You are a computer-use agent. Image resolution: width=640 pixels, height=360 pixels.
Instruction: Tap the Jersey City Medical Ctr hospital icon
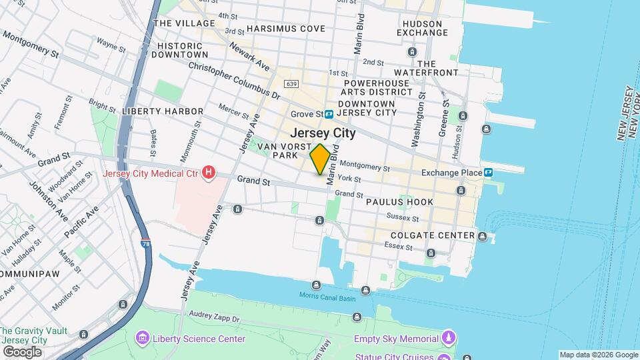point(209,173)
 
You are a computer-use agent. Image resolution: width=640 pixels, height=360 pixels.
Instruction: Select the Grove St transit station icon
point(329,114)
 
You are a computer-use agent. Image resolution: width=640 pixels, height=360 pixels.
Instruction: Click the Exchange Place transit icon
point(489,173)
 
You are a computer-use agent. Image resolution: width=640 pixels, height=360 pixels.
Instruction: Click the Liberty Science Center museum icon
point(141,339)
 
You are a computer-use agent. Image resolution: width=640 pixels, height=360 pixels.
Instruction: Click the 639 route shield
point(290,83)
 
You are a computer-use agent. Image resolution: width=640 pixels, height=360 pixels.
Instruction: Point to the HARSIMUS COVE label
point(285,29)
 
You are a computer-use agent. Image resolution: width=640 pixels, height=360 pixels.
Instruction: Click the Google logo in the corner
point(21,351)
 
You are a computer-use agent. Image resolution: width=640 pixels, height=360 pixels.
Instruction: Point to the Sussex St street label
point(403,218)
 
